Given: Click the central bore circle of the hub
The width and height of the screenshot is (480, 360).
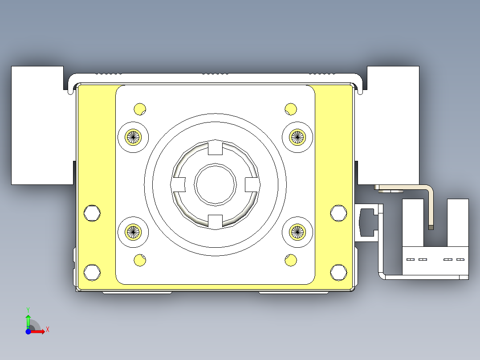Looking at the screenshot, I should coord(216,184).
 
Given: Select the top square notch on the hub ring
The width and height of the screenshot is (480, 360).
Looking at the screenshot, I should coord(216,147).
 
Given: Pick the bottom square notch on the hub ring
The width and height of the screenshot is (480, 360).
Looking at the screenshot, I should coord(216,221).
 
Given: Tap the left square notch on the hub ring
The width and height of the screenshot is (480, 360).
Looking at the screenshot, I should coord(179,184).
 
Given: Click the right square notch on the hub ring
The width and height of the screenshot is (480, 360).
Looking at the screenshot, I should coord(252,184).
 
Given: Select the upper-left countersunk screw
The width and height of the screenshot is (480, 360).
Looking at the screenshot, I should coord(133,137).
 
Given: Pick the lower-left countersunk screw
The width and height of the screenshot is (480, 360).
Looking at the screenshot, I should coord(133,232).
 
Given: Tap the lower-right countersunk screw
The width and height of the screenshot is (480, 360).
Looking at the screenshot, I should coord(297,232).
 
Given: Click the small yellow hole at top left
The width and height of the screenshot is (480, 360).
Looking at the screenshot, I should coord(140,109).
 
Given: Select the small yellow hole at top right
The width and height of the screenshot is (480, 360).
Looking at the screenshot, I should coord(291,109).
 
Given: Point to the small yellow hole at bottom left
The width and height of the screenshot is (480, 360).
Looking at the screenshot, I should coord(140,260).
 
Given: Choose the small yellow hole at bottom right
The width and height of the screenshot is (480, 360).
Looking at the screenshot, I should coord(291,260).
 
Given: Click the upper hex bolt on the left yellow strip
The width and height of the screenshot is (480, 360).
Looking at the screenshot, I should coord(92,213).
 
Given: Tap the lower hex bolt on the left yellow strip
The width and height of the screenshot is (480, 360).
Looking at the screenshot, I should coord(92,272).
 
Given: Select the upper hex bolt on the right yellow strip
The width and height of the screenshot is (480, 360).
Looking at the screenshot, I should coord(338,213).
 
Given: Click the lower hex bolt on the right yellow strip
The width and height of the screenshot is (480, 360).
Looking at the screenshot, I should coord(338,272).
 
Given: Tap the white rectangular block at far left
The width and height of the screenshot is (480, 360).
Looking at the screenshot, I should coord(37,125).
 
